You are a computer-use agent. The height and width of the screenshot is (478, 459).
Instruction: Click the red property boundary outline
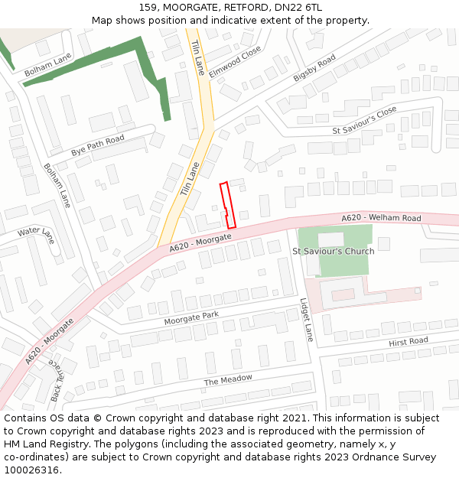tap(227, 205)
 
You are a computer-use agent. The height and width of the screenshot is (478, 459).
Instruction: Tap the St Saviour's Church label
tap(334, 251)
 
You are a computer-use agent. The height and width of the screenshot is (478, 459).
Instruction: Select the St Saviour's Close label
tap(364, 121)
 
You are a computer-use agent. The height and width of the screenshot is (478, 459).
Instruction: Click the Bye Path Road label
tap(97, 144)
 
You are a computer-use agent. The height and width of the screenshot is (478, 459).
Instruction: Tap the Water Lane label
tap(36, 232)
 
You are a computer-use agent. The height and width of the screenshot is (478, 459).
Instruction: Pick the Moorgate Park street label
tap(191, 318)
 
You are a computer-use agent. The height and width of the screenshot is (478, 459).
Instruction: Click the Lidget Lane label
tap(307, 319)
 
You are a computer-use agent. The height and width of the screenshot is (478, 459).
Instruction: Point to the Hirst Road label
tap(408, 341)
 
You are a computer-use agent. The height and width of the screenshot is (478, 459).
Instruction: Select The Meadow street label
tap(227, 380)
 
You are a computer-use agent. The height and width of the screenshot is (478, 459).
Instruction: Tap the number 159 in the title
tap(148, 8)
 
